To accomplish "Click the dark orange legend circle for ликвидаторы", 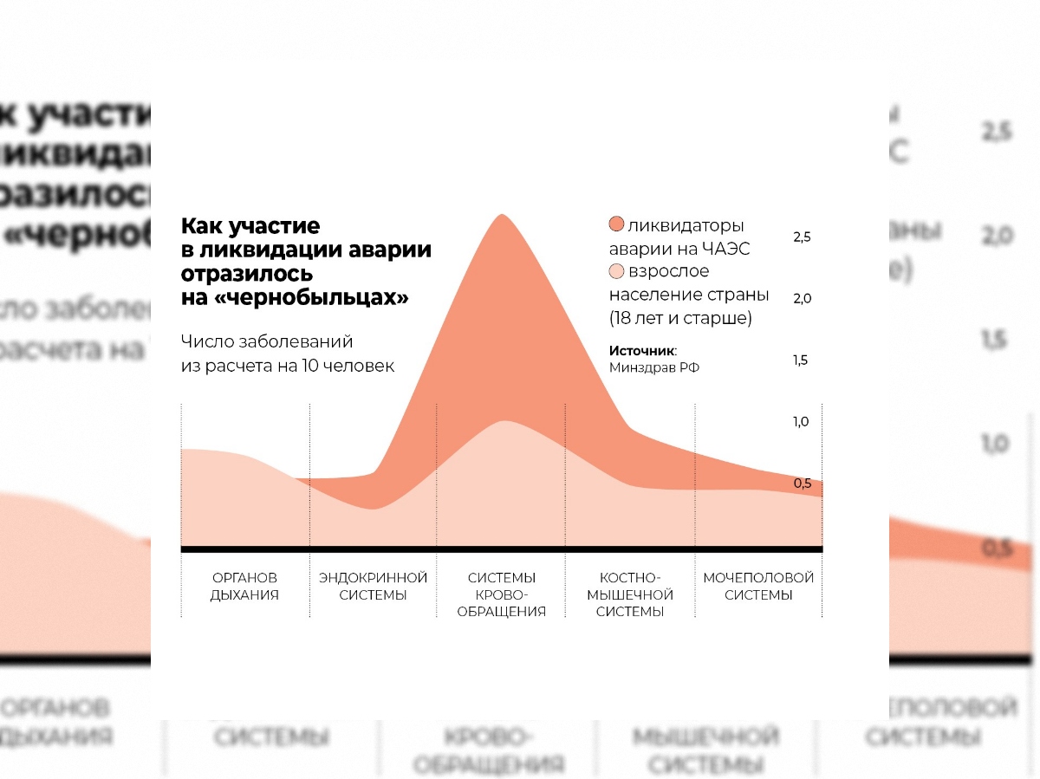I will [616, 225].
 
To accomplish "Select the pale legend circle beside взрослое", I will [616, 271].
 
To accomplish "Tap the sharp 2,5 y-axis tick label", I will [802, 237].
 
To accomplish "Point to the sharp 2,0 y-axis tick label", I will [802, 298].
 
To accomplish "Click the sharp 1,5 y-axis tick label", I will [801, 360].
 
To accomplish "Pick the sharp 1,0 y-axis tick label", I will [802, 421].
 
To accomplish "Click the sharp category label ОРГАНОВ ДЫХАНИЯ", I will [244, 586].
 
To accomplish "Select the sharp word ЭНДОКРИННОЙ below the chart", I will [373, 577].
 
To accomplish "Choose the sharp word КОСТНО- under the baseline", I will [630, 577].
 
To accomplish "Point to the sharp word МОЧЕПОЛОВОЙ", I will [758, 577].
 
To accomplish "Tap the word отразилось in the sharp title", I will [247, 274].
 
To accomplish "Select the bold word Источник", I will [641, 351].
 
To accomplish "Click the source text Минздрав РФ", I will [654, 367].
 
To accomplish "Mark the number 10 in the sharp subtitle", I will [310, 367].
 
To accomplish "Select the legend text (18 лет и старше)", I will [680, 318].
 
